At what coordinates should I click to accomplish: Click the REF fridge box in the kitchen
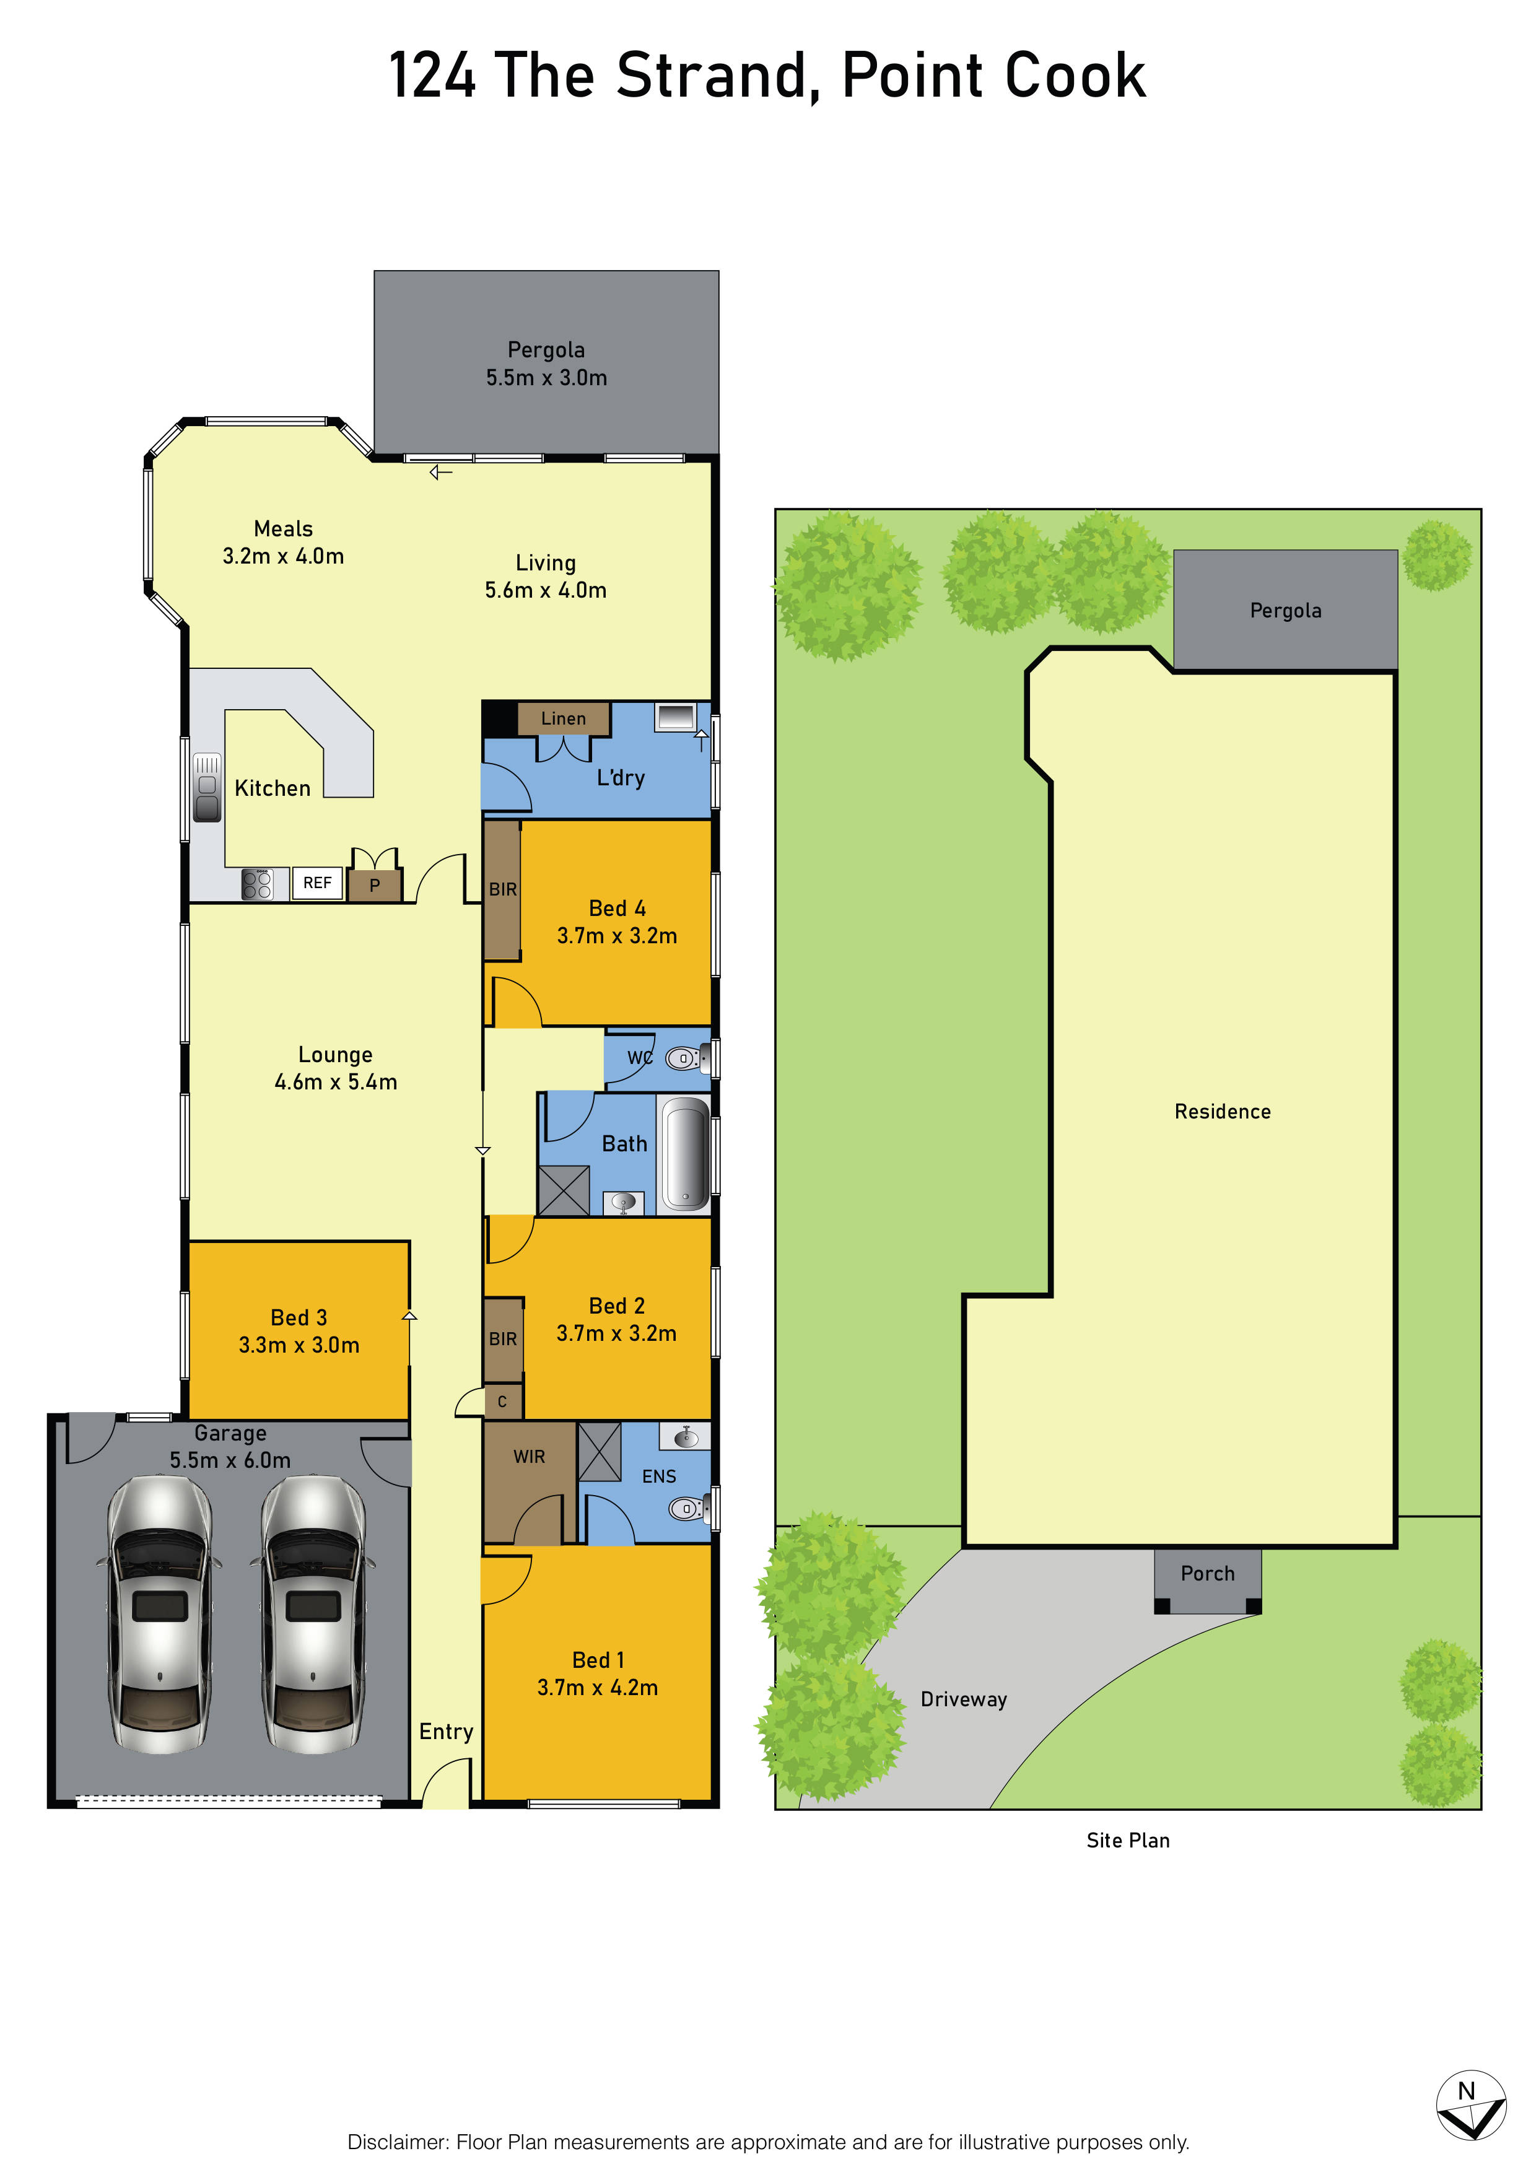click(x=317, y=883)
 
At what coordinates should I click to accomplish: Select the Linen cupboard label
click(x=564, y=719)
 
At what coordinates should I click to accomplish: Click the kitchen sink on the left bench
click(x=207, y=787)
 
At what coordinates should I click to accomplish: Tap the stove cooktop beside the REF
click(x=256, y=884)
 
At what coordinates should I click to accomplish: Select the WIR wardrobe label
click(x=529, y=1457)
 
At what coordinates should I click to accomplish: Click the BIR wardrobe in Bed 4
click(x=502, y=890)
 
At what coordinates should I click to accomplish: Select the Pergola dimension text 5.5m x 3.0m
click(x=547, y=377)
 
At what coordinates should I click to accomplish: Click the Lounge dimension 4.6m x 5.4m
click(x=336, y=1081)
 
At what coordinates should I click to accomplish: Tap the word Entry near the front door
click(x=447, y=1731)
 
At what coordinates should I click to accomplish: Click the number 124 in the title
click(x=432, y=76)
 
